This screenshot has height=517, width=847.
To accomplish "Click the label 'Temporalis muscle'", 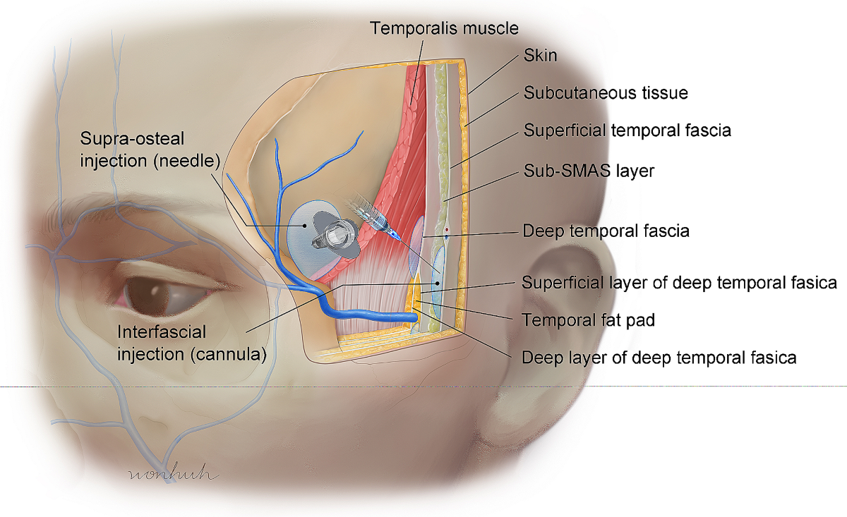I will pos(445,28).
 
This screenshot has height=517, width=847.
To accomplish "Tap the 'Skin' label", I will pos(540,56).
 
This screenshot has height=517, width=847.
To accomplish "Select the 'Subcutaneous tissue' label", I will pos(605,92).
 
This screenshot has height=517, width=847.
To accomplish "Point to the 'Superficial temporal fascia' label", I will pos(626,130).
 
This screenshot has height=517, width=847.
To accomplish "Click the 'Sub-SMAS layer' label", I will pos(589,171).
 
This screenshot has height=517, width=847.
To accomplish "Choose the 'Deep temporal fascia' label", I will pos(605,231).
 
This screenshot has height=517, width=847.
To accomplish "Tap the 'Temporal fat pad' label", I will pos(588,320).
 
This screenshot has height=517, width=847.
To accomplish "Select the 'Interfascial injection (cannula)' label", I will pos(191,343).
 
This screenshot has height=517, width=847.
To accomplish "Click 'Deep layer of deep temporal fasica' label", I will pos(659,358).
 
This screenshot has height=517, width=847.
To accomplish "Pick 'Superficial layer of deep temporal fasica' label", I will pos(679,283).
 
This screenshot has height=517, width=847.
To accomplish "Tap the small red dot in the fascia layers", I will pos(446,230).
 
